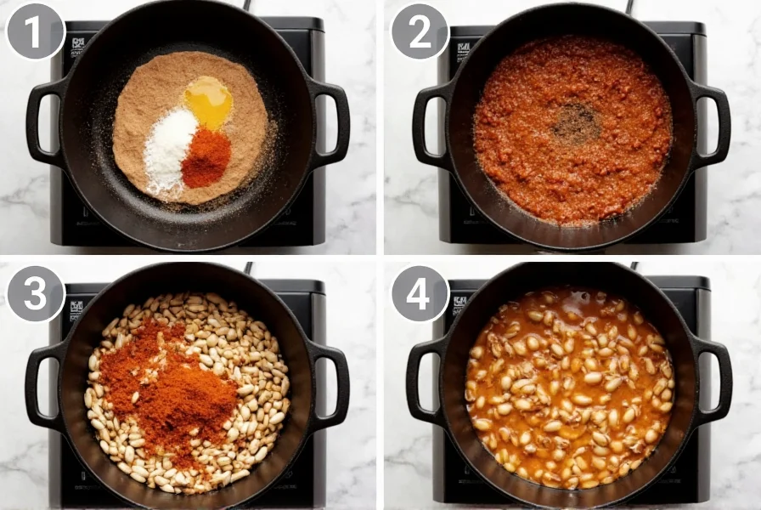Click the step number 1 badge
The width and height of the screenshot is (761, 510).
[35, 31]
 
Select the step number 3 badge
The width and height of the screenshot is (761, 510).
[35, 293]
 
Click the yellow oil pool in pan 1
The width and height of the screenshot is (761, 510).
[208, 102]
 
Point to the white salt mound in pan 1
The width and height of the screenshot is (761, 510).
[169, 150]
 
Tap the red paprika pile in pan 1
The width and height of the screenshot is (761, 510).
[206, 159]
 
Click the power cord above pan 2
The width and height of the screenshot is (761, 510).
[630, 6]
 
